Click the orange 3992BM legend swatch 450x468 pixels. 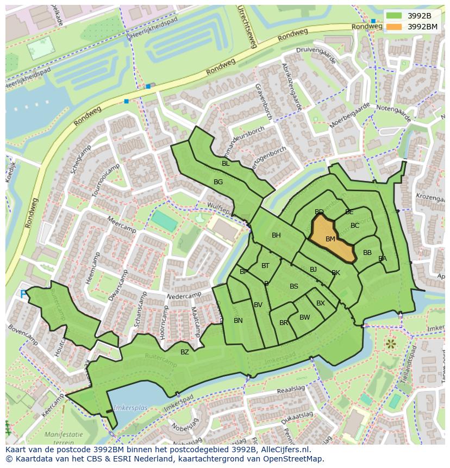[395, 26]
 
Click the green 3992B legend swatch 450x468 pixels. [395, 15]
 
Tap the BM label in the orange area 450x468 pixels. [330, 239]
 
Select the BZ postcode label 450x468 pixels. [185, 352]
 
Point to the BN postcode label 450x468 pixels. [238, 321]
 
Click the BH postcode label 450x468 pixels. [276, 235]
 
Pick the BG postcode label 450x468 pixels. [218, 182]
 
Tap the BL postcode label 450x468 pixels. [226, 164]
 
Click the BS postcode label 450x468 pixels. [294, 286]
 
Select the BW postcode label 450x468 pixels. [305, 317]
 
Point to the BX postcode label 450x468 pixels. [321, 303]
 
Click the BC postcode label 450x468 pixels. [355, 226]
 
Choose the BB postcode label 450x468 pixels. [367, 253]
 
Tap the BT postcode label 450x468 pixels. [265, 266]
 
